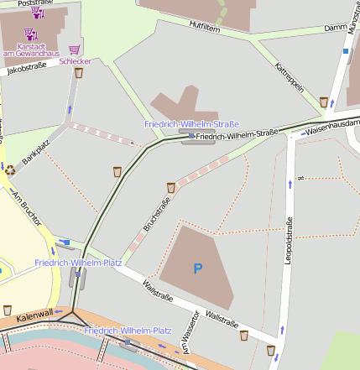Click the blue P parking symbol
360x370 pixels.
(198, 268)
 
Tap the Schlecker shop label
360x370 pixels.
(76, 61)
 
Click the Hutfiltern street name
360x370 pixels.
(205, 27)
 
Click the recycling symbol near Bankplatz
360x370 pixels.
(10, 169)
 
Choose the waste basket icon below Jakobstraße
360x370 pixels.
(78, 73)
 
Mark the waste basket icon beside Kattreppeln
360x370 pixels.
(323, 102)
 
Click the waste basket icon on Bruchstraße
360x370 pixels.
(171, 187)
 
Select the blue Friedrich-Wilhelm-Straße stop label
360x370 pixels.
(191, 123)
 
